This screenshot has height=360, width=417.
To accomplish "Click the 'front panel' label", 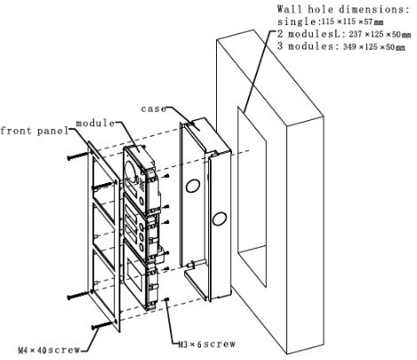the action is (35, 131).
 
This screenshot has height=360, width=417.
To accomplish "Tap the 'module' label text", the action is (95, 123).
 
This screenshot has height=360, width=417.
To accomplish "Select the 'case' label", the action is (154, 108).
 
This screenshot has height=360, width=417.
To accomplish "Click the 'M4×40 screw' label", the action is (49, 350).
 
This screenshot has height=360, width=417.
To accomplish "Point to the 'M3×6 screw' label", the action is (206, 344).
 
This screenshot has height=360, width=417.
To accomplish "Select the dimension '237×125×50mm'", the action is (380, 35).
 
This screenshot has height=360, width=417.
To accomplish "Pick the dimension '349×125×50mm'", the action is (374, 46).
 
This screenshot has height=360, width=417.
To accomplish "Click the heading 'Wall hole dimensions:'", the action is (343, 9).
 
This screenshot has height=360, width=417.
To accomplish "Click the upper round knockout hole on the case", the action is (193, 186).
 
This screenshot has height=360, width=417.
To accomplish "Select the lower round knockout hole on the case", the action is (220, 219).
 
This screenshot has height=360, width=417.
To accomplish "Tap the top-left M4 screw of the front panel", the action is (78, 156).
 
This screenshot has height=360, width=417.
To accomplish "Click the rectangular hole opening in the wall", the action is (252, 196).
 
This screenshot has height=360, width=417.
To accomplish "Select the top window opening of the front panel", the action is (104, 188).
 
